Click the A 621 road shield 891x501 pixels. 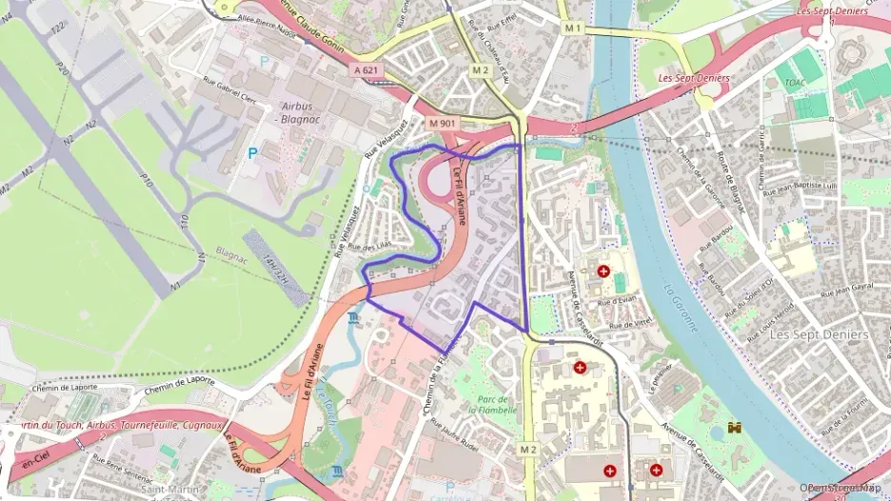click(x=367, y=70)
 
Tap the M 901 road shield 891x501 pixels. click(x=443, y=124)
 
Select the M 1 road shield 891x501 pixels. click(x=572, y=29)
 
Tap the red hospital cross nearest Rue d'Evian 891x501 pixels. click(x=603, y=271)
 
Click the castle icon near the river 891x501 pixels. click(x=733, y=429)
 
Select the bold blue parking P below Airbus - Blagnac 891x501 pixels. click(x=252, y=152)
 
